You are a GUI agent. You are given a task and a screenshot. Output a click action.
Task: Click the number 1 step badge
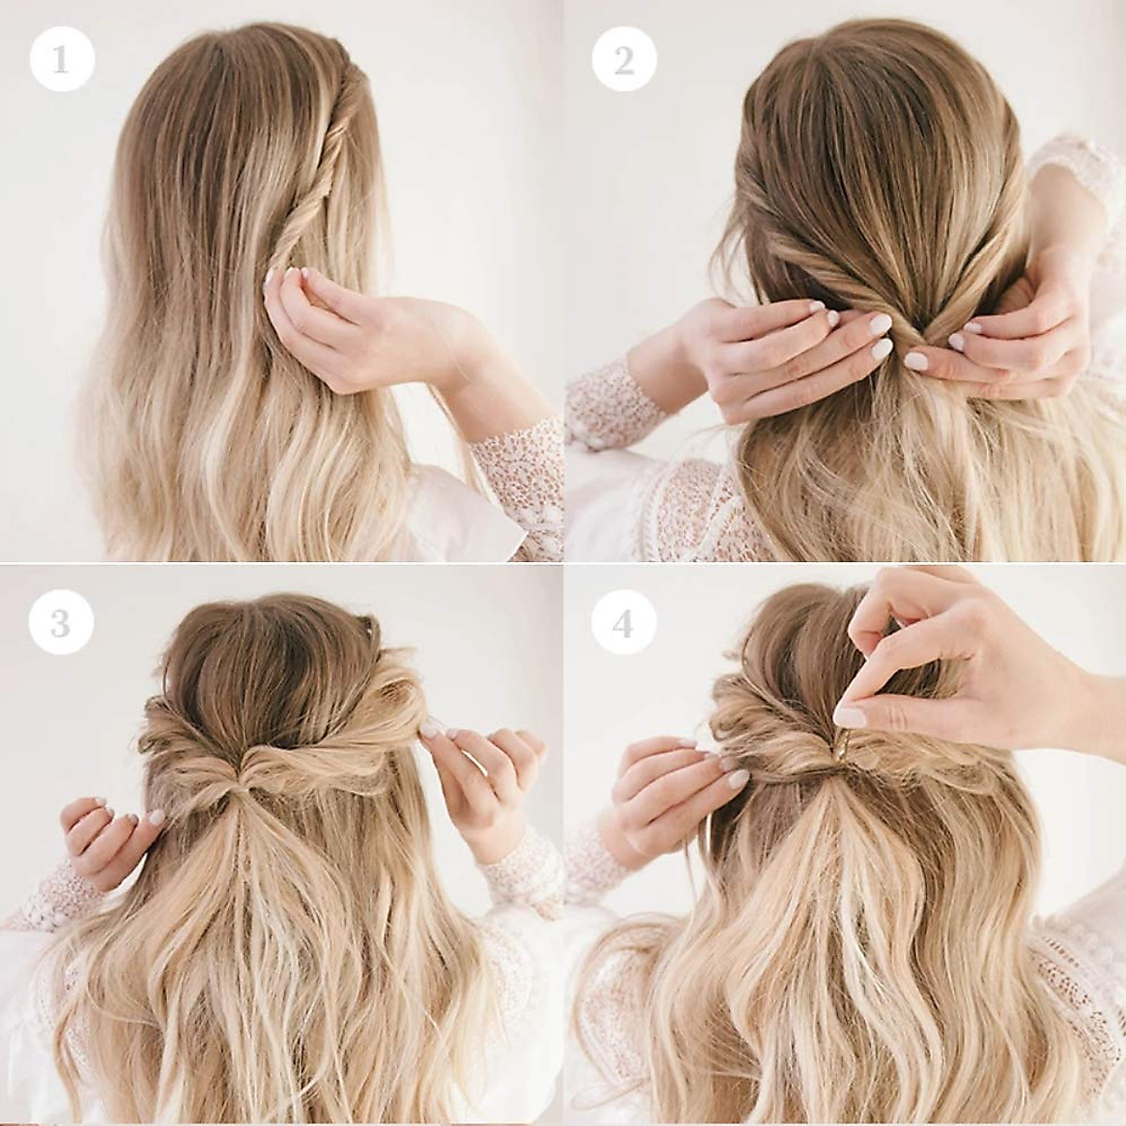[x=62, y=60]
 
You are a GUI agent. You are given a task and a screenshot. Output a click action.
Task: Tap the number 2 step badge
[x=623, y=60]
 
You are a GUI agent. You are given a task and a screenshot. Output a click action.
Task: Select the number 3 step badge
[x=62, y=622]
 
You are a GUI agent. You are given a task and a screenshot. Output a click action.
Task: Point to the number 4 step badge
[x=623, y=622]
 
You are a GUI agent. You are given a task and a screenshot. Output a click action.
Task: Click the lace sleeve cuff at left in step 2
[x=610, y=403]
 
